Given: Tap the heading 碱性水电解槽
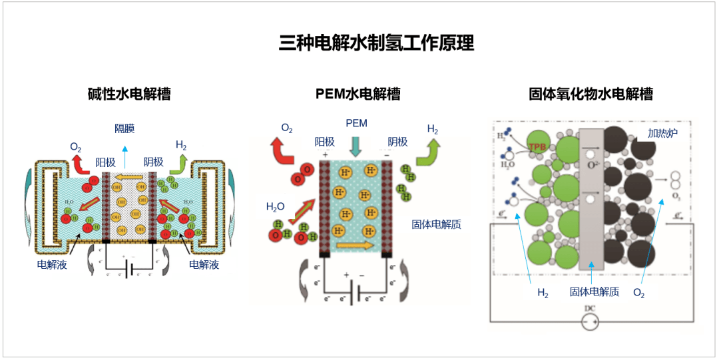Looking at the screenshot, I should [129, 94].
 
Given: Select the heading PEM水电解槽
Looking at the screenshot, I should [358, 94].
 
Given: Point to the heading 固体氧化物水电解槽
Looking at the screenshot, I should [591, 94].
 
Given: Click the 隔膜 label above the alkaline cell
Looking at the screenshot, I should [124, 128].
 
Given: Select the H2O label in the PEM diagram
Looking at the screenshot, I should [275, 207].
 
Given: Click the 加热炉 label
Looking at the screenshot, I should [662, 133].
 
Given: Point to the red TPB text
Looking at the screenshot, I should [537, 146].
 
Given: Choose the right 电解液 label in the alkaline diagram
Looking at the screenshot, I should [205, 264].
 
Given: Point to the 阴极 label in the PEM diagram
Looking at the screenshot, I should [397, 142].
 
